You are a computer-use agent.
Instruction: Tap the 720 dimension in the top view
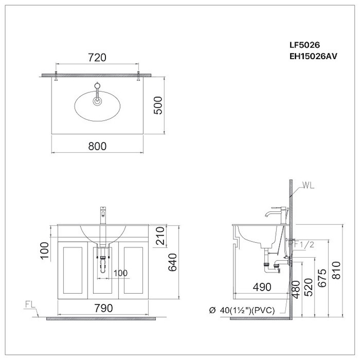(x=96, y=57)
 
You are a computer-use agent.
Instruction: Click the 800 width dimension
(x=97, y=146)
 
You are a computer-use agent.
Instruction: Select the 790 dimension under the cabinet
(x=104, y=308)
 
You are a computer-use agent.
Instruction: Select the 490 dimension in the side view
(x=261, y=287)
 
